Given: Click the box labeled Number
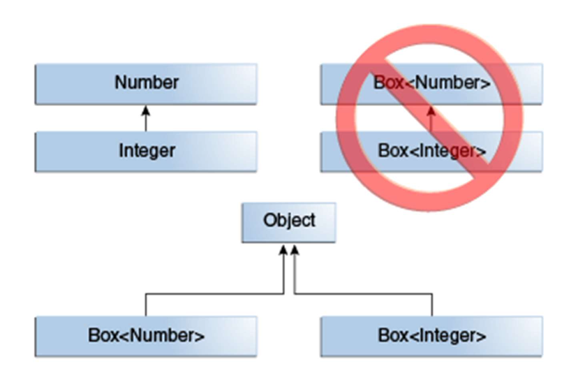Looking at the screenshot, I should (x=146, y=83).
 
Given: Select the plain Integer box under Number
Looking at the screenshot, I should (x=146, y=150).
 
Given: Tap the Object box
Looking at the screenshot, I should (x=289, y=222).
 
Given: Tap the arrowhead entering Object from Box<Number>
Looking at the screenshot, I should (x=283, y=249).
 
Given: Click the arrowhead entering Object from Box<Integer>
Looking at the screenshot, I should (x=295, y=249).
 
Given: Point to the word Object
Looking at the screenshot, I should (x=289, y=221).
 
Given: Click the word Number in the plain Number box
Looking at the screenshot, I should (x=147, y=82).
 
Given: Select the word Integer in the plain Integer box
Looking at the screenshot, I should (x=147, y=150).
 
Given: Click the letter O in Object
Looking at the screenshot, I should (x=269, y=221).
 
